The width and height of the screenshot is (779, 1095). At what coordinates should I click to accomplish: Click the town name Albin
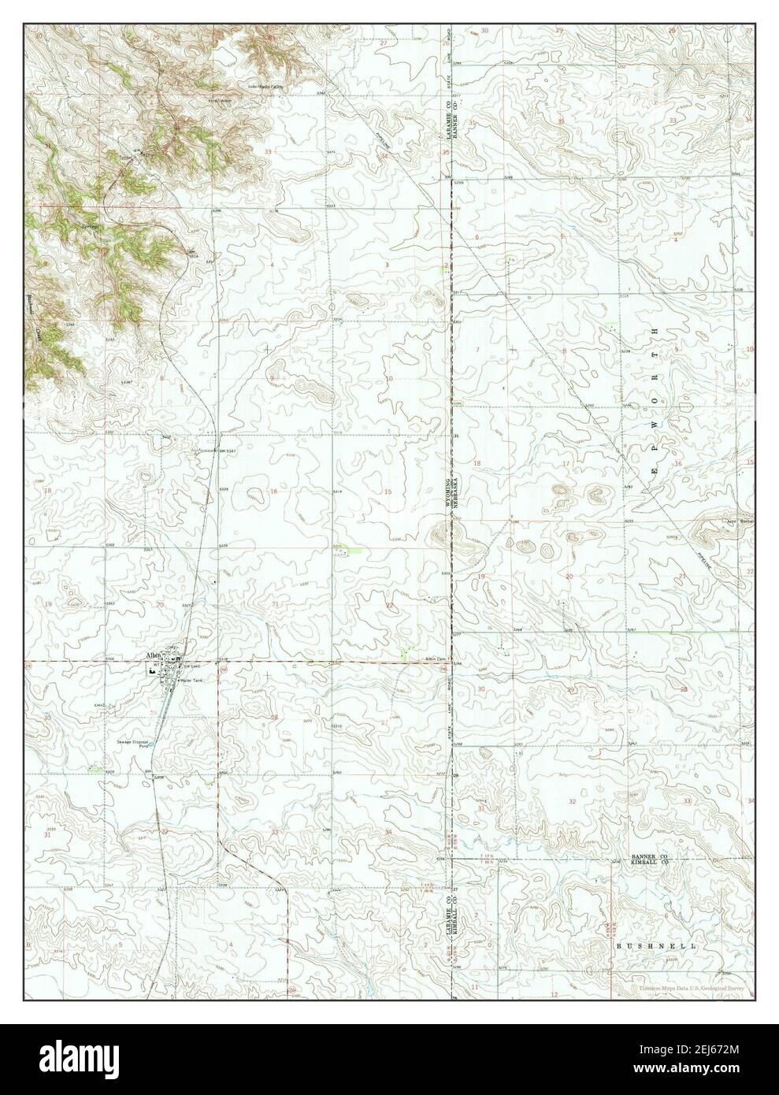point(152,655)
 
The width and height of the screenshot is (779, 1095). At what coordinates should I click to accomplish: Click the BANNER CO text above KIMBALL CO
point(649,856)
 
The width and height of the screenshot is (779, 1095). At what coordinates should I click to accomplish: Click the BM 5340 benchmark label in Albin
point(188,667)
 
